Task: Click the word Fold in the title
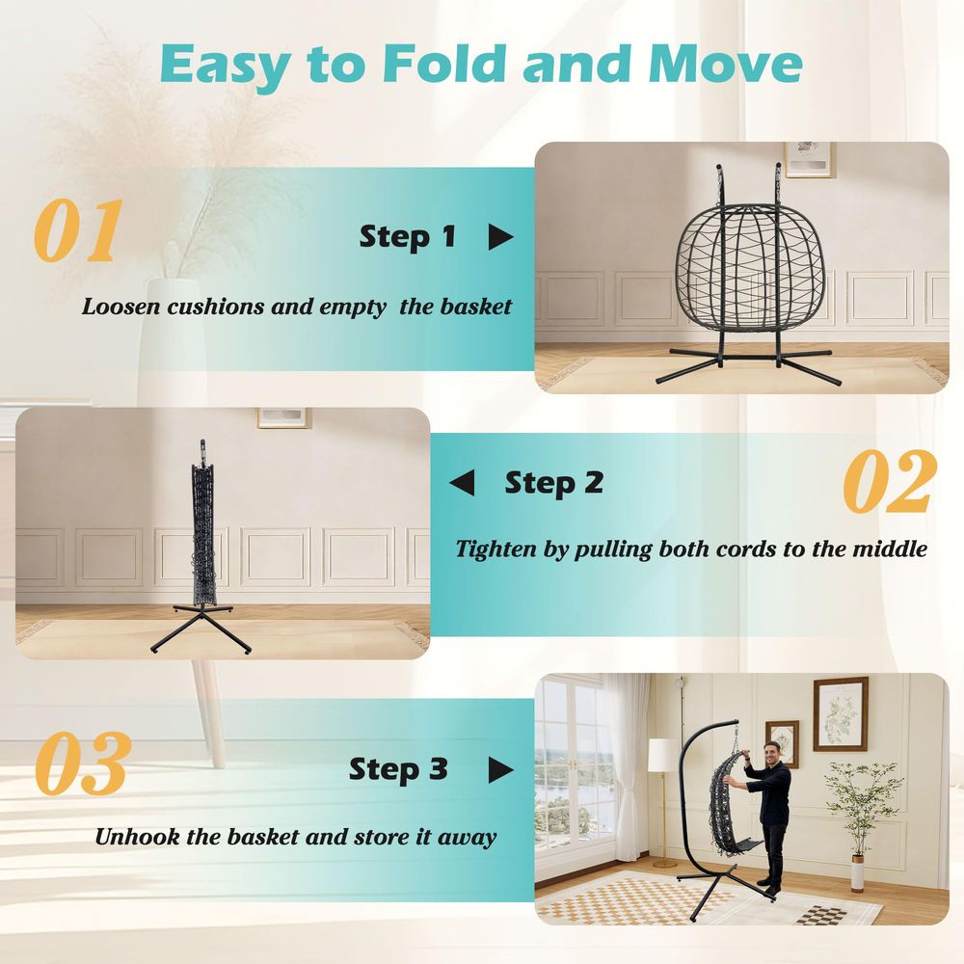click(443, 63)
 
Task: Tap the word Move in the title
click(725, 63)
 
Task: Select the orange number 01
click(79, 230)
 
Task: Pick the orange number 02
click(890, 481)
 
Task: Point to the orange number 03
click(82, 763)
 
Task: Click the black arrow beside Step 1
click(500, 237)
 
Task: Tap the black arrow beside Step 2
click(463, 483)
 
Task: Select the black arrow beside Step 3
click(500, 769)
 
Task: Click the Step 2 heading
click(554, 484)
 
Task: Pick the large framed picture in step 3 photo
click(841, 714)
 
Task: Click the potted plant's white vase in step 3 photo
click(858, 873)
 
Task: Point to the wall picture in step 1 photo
click(809, 159)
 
